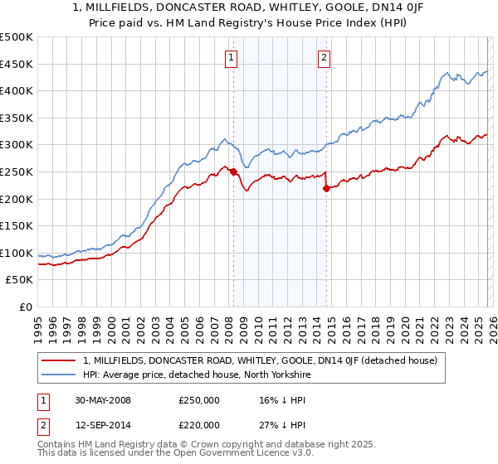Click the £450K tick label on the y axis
tap(17, 64)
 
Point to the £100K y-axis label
tap(17, 253)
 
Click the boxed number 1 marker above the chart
tap(230, 57)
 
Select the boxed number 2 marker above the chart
tap(323, 57)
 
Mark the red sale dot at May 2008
tap(233, 172)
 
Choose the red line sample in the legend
tap(60, 360)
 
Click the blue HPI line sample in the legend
tap(60, 375)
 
